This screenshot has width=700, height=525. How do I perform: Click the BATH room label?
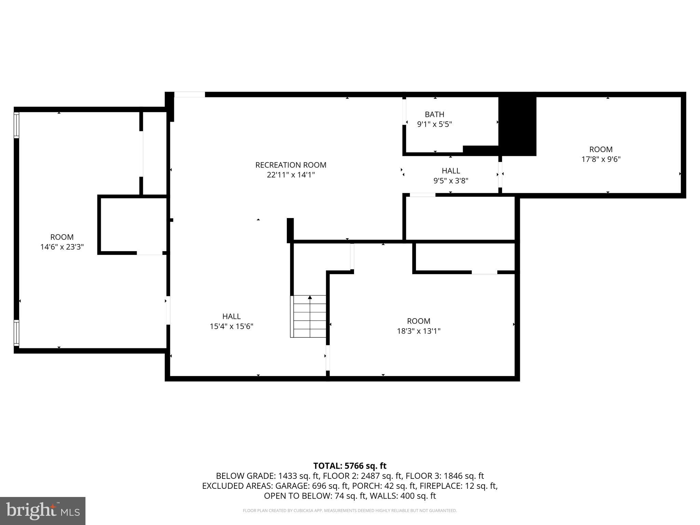click(x=434, y=115)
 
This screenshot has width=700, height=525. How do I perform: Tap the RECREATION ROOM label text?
click(x=291, y=165)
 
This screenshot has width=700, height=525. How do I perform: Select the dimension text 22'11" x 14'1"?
click(x=291, y=175)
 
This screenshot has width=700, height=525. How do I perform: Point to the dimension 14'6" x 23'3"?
click(x=62, y=247)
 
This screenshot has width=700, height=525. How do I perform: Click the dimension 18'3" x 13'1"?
click(x=418, y=331)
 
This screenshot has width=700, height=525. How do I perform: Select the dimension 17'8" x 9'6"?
click(x=601, y=159)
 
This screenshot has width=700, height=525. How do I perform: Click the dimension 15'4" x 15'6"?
click(x=231, y=326)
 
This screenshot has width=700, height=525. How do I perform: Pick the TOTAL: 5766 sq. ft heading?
click(x=350, y=466)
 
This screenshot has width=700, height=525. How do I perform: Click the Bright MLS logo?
click(x=43, y=511)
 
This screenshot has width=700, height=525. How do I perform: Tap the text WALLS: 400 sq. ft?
click(x=405, y=496)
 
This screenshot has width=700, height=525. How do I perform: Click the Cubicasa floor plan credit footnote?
click(x=350, y=511)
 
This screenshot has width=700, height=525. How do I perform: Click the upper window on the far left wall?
click(x=16, y=125)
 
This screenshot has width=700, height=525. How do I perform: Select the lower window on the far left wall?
click(x=16, y=333)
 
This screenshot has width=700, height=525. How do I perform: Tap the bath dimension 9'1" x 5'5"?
click(x=434, y=124)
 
